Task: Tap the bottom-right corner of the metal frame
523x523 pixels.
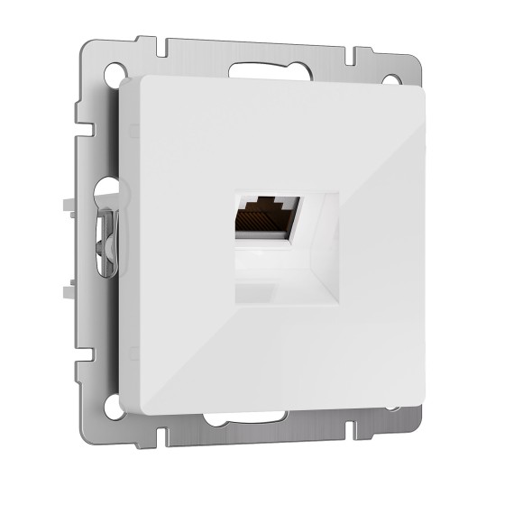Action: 425,441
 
